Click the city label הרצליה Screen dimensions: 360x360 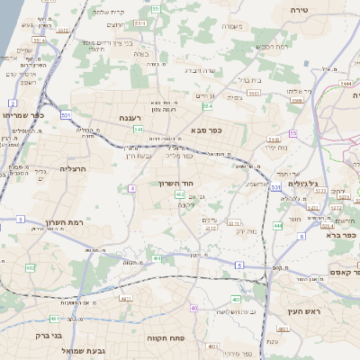70,168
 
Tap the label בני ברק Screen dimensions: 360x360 45,337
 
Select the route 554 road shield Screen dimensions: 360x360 208,107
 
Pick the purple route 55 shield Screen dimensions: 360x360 293,133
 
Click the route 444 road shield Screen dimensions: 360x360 277,225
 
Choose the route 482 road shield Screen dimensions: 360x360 30,267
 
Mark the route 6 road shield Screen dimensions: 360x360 239,265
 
